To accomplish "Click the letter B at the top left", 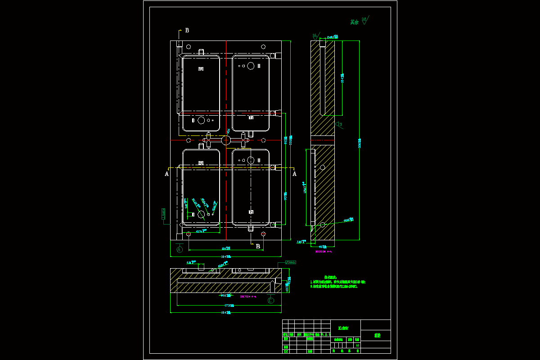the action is pyautogui.click(x=187, y=31).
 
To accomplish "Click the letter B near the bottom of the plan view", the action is pyautogui.click(x=258, y=246).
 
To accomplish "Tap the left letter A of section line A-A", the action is pyautogui.click(x=167, y=173).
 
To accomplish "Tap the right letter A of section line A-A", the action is pyautogui.click(x=294, y=173).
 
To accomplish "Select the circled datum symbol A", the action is pyautogui.click(x=180, y=249).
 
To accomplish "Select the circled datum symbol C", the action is pyautogui.click(x=271, y=300).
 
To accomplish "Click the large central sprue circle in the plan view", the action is pyautogui.click(x=226, y=140).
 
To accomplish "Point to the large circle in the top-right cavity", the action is pyautogui.click(x=250, y=66).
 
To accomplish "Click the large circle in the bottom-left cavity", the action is pyautogui.click(x=201, y=215).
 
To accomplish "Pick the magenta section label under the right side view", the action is pyautogui.click(x=324, y=252).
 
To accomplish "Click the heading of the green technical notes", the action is pyautogui.click(x=331, y=277).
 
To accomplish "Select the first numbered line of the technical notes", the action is pyautogui.click(x=338, y=282).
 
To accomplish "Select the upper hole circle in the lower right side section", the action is pyautogui.click(x=322, y=167).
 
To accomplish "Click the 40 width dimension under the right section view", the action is pyautogui.click(x=323, y=247).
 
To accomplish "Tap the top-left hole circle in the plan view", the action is pyautogui.click(x=189, y=46).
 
